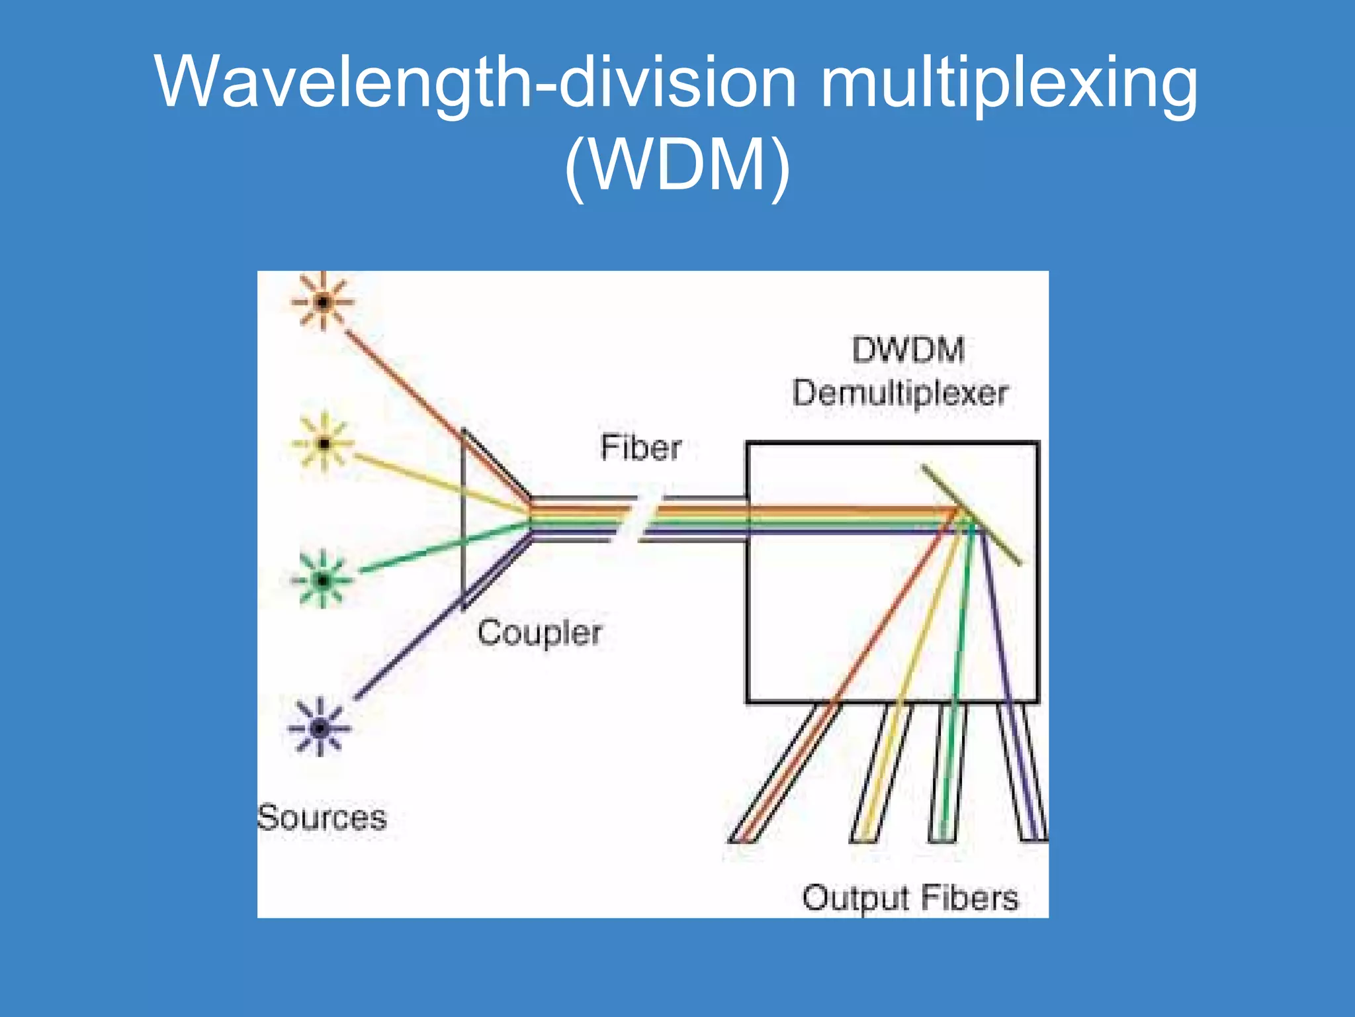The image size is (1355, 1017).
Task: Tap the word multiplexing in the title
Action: pos(1008,83)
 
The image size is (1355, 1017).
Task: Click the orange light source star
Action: pos(323,303)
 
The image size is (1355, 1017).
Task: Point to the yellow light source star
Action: pos(324,443)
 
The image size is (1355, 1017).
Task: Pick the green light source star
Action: pos(322,581)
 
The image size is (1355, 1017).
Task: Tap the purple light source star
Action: pos(320,728)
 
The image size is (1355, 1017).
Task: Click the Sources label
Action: pos(322,818)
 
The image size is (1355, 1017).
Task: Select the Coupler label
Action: pos(539,633)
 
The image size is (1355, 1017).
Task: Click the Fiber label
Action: pos(640,448)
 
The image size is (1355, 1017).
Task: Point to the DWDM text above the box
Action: pos(908,350)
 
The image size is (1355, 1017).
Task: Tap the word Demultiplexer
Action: pos(900,393)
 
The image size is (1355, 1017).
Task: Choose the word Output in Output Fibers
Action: pos(856,898)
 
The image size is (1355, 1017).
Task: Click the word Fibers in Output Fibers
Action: pos(969,898)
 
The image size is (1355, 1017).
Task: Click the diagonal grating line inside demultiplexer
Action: pos(971,515)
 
